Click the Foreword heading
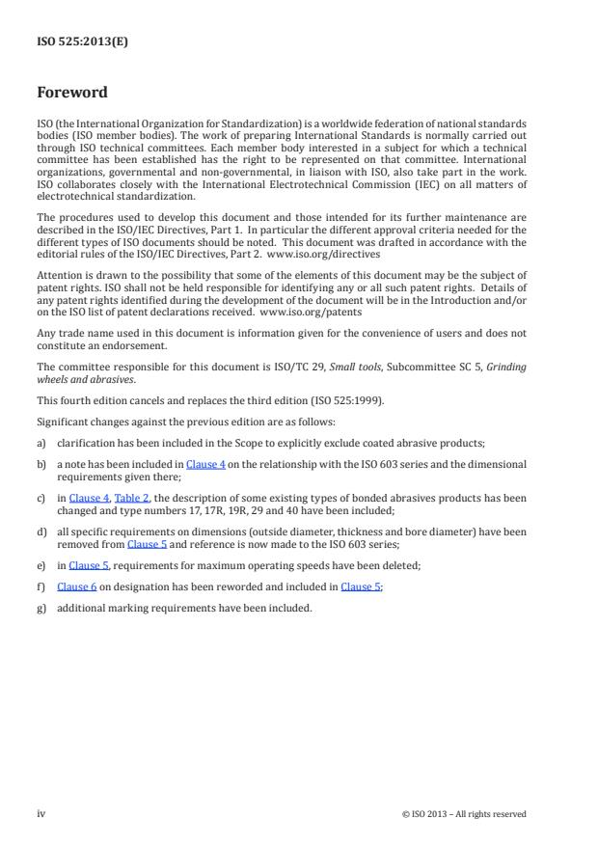pyautogui.click(x=72, y=93)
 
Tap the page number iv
pyautogui.click(x=41, y=814)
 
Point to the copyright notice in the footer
pyautogui.click(x=464, y=814)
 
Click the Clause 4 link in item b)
pyautogui.click(x=205, y=464)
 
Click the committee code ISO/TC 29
pyautogui.click(x=285, y=367)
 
